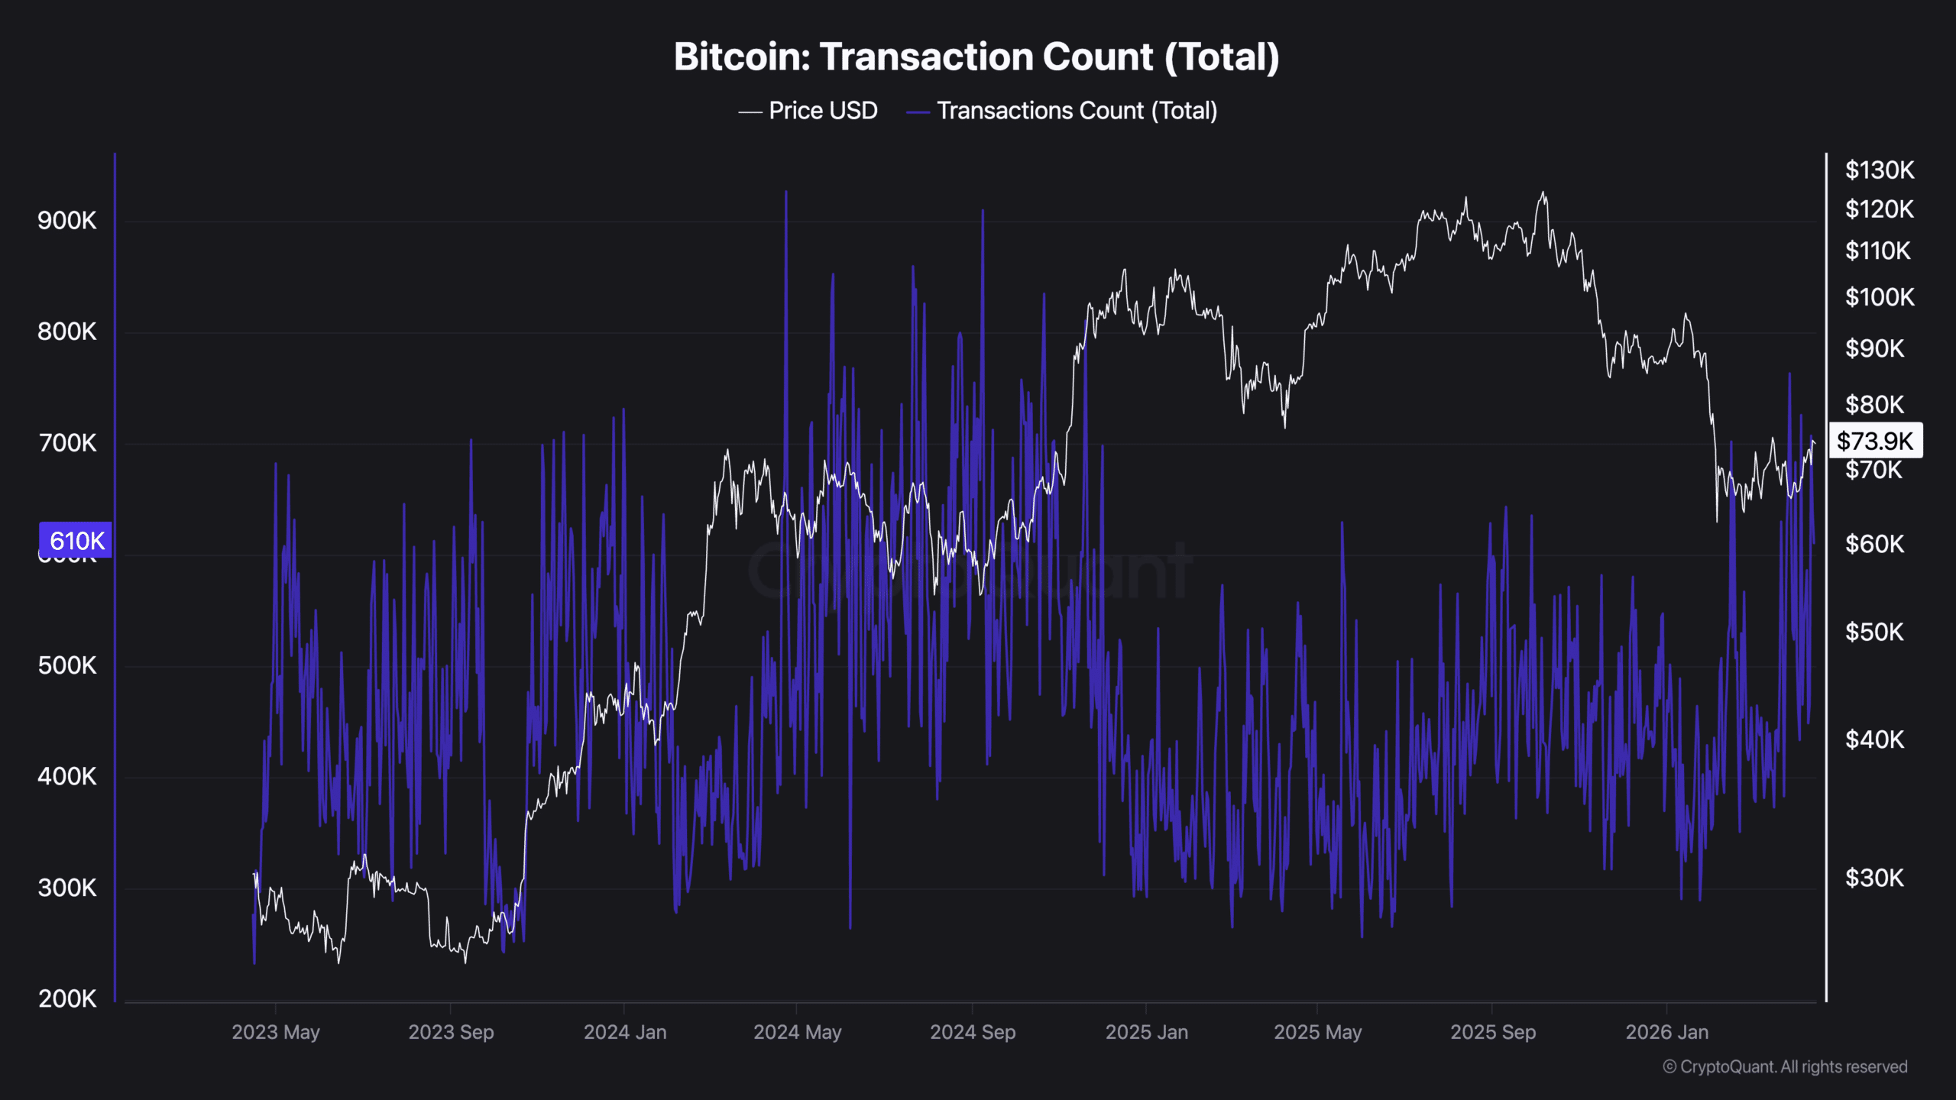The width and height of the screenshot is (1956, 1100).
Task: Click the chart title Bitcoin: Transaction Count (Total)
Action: click(x=976, y=57)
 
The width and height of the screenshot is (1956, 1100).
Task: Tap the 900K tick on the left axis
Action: click(x=67, y=221)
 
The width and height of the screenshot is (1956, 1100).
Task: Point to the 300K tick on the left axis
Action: click(x=67, y=888)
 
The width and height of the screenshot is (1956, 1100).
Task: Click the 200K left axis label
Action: click(x=67, y=998)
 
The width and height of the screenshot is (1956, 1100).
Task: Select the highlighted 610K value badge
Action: click(x=76, y=541)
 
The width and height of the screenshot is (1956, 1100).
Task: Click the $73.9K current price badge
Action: click(x=1875, y=441)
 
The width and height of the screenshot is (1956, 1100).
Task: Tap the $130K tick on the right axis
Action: click(x=1880, y=170)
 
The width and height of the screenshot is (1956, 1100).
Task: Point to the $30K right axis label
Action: click(x=1874, y=878)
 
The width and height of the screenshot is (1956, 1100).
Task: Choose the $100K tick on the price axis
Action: click(x=1880, y=296)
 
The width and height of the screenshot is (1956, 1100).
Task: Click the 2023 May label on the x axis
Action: click(x=276, y=1032)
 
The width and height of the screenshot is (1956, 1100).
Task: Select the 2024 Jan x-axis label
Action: click(x=625, y=1032)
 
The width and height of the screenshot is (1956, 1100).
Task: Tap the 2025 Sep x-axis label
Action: click(x=1493, y=1032)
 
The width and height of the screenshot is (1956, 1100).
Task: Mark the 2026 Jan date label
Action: click(x=1666, y=1032)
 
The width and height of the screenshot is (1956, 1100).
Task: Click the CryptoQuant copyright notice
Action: click(x=1785, y=1066)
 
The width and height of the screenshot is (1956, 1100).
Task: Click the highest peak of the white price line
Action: click(x=1543, y=193)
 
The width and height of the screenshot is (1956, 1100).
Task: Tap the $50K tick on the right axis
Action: click(x=1874, y=632)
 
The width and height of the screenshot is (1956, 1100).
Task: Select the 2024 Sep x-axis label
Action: click(x=973, y=1032)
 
